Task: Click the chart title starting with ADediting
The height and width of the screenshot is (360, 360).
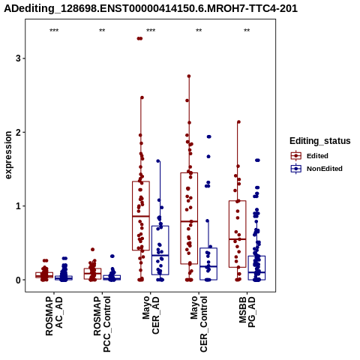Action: point(151,8)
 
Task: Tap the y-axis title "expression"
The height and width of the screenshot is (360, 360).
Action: point(8,155)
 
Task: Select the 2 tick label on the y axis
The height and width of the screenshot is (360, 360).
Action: point(19,132)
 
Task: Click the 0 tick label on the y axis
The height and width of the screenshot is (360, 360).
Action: point(19,280)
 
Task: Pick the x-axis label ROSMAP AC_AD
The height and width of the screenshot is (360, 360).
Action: point(54,316)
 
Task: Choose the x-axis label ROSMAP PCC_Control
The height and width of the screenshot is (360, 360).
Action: point(102,324)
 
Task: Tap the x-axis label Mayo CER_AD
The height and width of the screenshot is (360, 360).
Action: point(151,315)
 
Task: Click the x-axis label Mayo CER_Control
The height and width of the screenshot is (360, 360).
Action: point(199,324)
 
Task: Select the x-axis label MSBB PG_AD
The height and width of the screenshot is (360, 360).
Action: point(247,312)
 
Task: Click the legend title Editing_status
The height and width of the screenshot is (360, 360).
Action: point(320,141)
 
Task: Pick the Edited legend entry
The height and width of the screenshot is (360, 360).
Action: point(310,156)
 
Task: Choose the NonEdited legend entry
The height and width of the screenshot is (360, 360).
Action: point(316,169)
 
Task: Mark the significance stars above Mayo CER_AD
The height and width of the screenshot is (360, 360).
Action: point(151,31)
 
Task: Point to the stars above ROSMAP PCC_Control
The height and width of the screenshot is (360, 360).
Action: point(102,31)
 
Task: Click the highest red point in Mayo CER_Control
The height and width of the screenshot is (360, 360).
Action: point(189,76)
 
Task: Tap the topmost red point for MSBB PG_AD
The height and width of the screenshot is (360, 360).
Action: point(238,122)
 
